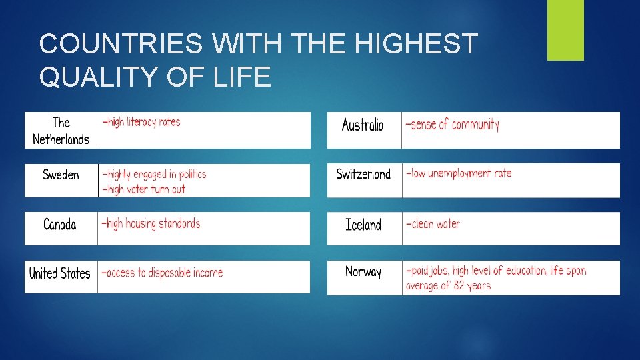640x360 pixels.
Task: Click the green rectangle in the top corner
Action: (x=565, y=30)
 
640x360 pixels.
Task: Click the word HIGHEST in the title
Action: (x=417, y=45)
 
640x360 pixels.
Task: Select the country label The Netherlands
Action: (x=61, y=131)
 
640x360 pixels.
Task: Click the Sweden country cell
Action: (x=61, y=175)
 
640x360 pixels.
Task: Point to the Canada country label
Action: (x=60, y=225)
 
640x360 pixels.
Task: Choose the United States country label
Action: (x=60, y=273)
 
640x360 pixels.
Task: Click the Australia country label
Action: (x=363, y=125)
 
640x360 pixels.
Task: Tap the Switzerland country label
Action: (x=363, y=175)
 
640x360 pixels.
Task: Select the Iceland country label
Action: (x=363, y=225)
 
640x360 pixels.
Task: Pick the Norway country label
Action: (x=363, y=272)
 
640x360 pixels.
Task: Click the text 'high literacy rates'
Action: (x=141, y=122)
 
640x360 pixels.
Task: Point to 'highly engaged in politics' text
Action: (x=154, y=175)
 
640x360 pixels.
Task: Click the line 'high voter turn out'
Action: (x=143, y=189)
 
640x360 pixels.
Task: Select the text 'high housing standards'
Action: (x=151, y=224)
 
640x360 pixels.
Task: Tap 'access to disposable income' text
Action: (x=162, y=273)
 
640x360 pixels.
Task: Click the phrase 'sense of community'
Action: (x=453, y=125)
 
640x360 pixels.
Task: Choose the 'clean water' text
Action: (x=433, y=224)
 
